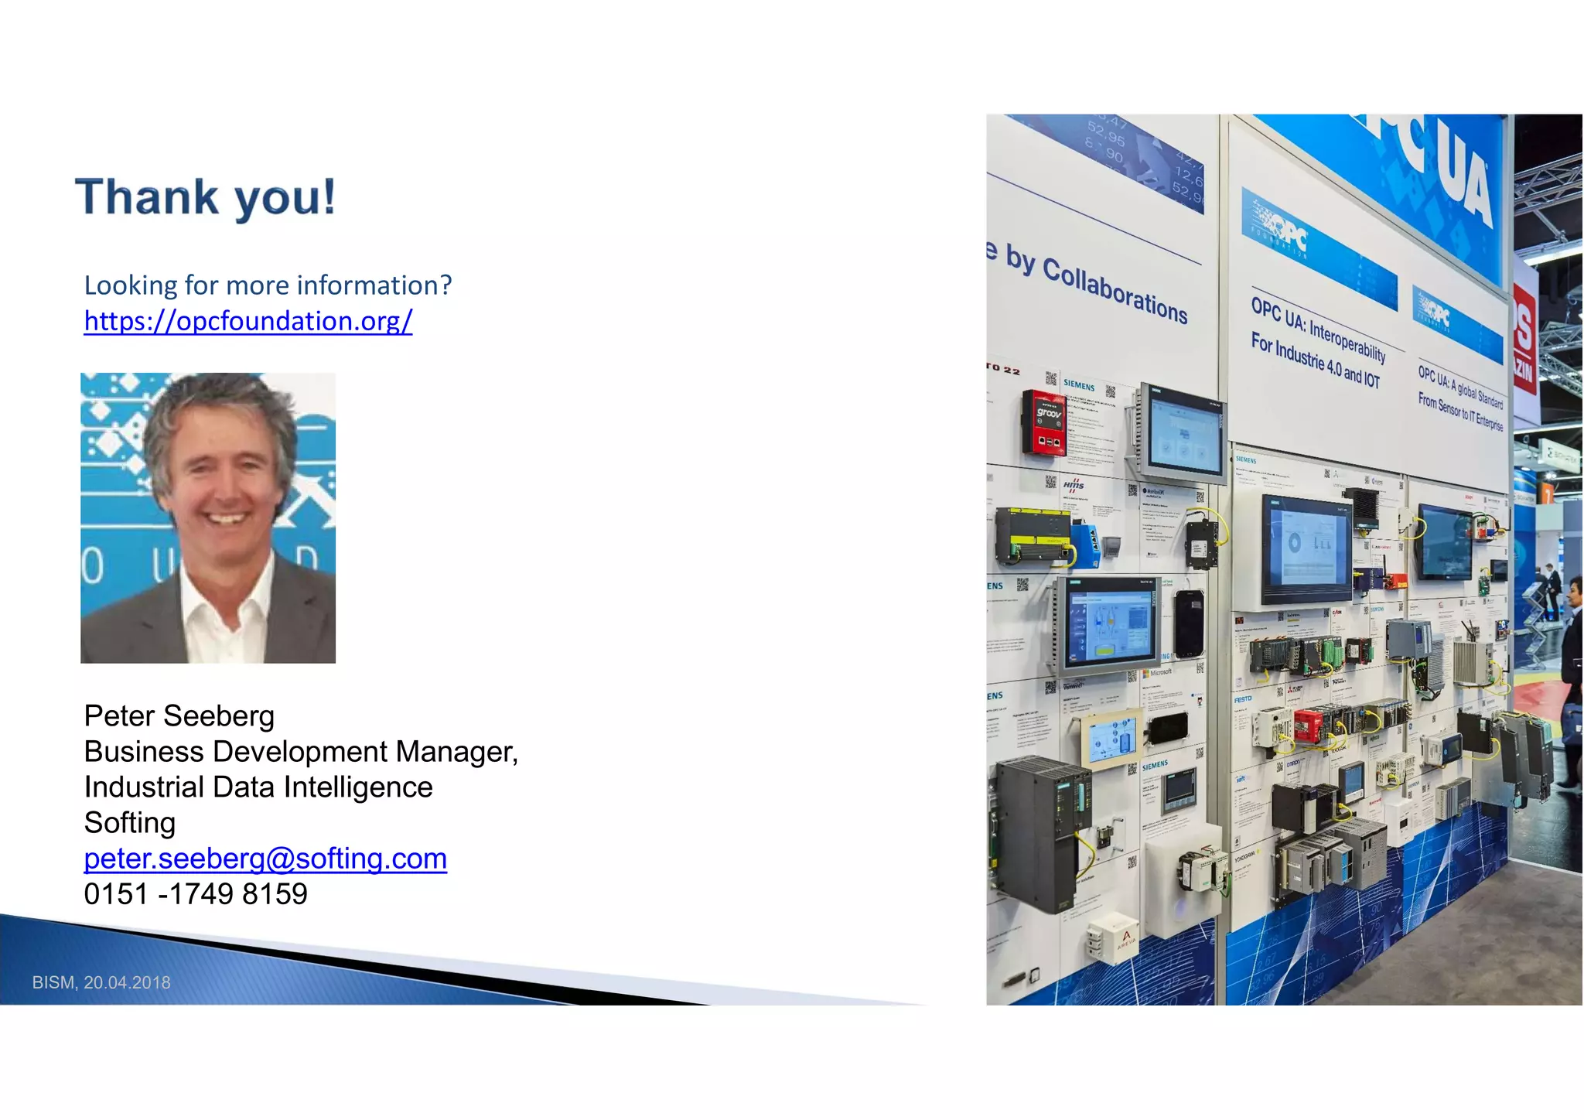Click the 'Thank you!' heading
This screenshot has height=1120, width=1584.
[x=206, y=197]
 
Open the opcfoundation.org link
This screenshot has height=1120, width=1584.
[x=248, y=320]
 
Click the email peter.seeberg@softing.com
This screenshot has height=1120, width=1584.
[x=265, y=858]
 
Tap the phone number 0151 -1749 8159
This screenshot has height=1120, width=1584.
[x=196, y=893]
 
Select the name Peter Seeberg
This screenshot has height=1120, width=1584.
[x=179, y=715]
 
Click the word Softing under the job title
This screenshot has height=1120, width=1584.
[x=130, y=822]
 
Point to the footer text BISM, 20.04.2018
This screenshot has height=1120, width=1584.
[x=101, y=982]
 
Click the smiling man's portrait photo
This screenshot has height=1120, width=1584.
[x=208, y=517]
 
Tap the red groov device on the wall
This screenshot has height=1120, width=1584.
[x=1045, y=422]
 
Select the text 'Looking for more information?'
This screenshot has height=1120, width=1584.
[x=268, y=285]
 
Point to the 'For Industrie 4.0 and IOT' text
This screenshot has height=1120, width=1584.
[x=1315, y=360]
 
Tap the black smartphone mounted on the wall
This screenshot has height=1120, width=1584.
[x=1188, y=623]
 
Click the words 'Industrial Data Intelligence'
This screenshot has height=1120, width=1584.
[x=258, y=787]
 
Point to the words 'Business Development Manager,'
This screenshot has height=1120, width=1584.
[x=301, y=751]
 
